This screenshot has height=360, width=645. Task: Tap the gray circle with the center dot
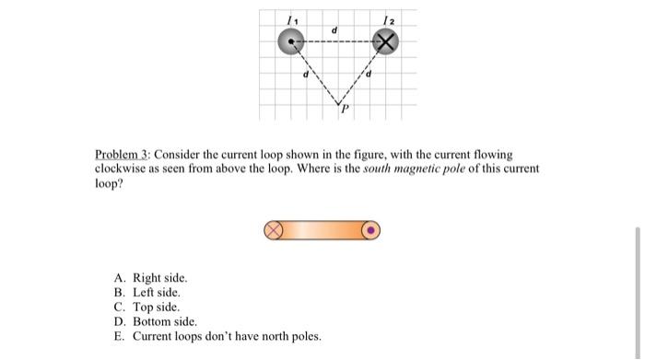click(x=293, y=42)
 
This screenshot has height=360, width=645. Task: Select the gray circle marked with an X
click(x=386, y=42)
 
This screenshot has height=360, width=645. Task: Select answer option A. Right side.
click(x=151, y=277)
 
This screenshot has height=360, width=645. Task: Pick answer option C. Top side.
click(x=147, y=307)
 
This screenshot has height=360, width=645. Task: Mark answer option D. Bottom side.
click(x=155, y=321)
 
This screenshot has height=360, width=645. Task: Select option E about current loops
click(x=217, y=336)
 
